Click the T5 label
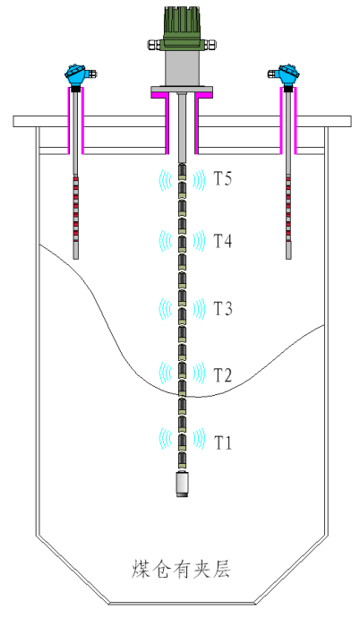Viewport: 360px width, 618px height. pyautogui.click(x=223, y=178)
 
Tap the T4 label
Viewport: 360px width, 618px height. pyautogui.click(x=223, y=241)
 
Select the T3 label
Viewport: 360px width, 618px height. pyautogui.click(x=223, y=308)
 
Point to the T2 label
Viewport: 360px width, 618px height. pyautogui.click(x=223, y=374)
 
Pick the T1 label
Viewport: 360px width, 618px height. pyautogui.click(x=223, y=442)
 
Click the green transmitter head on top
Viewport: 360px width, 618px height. pyautogui.click(x=182, y=29)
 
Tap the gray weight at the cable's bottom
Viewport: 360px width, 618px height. pyautogui.click(x=182, y=484)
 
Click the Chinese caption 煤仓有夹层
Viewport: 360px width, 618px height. pyautogui.click(x=181, y=569)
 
